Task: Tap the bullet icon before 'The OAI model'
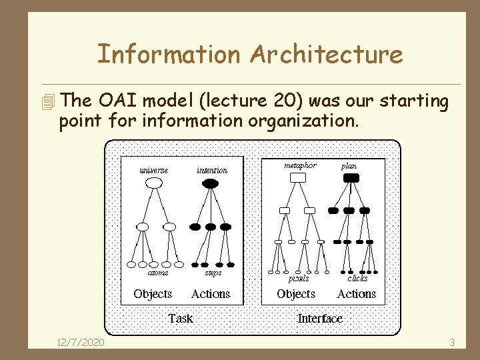tap(46, 102)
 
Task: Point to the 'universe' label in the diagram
tap(153, 170)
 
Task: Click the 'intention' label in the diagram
tap(212, 170)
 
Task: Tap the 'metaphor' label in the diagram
tap(300, 165)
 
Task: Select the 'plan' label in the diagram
tap(349, 166)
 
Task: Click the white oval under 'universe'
tap(154, 182)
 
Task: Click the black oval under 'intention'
tap(210, 182)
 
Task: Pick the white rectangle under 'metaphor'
tap(299, 177)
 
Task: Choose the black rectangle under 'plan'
tap(351, 177)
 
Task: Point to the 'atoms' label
tap(157, 272)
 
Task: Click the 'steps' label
tap(213, 272)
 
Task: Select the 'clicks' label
tap(357, 278)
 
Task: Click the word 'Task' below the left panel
tap(181, 318)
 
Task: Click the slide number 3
tap(451, 343)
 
